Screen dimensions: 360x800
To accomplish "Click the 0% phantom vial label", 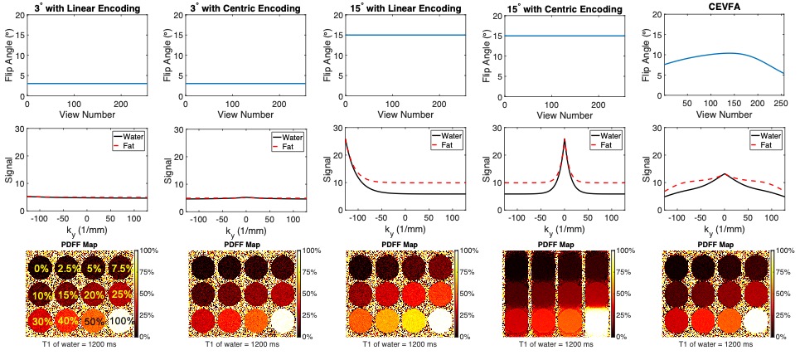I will pos(41,268).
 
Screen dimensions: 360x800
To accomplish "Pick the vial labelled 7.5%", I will pos(121,268).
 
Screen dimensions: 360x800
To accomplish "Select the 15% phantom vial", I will pos(68,294).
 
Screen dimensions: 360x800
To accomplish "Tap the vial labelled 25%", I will pos(121,294).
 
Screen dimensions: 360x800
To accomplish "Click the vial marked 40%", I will pos(68,321).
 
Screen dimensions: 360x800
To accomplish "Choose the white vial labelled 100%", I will pos(121,321).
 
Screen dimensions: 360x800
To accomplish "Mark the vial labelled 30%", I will pos(41,321).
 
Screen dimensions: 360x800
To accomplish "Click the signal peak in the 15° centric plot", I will pos(564,139).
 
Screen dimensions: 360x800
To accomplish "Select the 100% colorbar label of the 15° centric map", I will pos(629,251).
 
